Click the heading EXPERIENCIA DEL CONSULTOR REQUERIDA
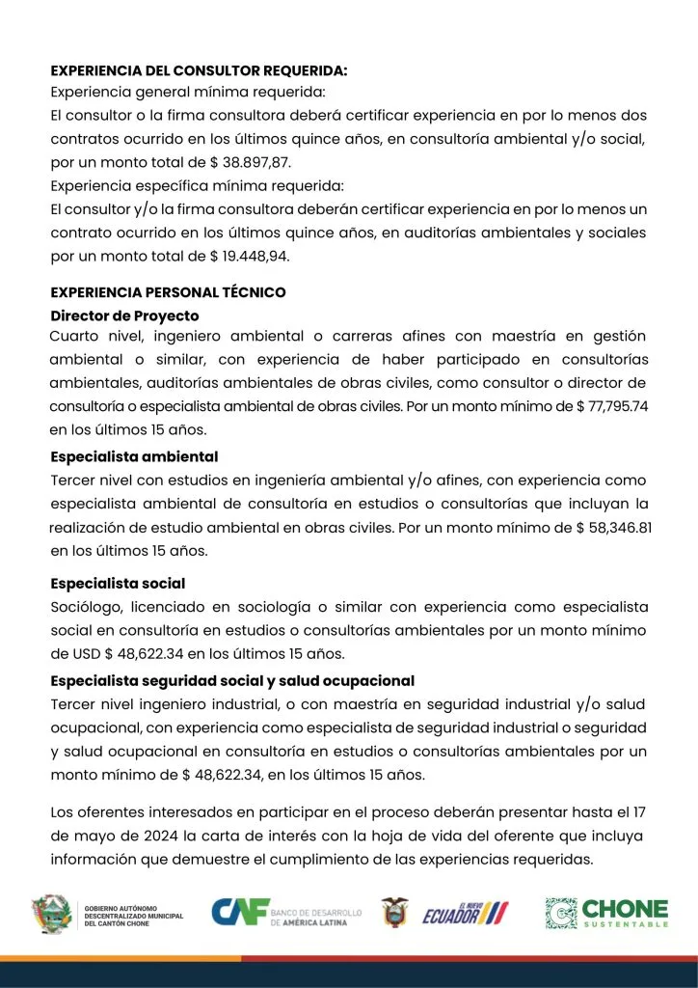coord(199,71)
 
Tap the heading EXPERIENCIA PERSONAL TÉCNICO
coord(168,292)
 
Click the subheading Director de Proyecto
coord(124,316)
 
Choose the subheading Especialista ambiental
coord(134,456)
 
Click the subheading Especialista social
coord(118,584)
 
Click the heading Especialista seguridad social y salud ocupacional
coord(232,681)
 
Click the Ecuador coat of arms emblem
coord(394,913)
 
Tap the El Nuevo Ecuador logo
coord(465,913)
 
